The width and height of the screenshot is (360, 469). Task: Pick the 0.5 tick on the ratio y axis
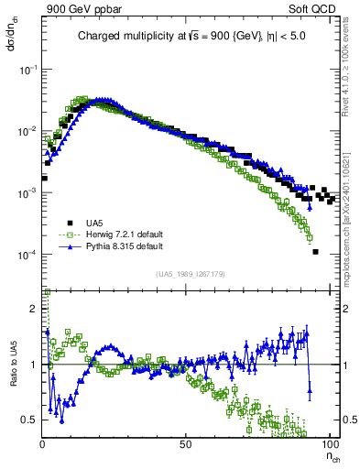pos(31,420)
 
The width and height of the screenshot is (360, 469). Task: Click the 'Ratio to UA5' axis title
pos(12,365)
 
